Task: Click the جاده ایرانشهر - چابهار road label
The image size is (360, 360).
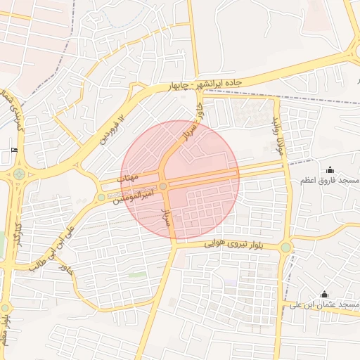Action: click(205, 84)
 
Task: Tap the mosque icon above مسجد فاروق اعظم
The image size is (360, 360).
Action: click(330, 169)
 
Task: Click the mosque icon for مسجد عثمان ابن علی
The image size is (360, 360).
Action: click(323, 294)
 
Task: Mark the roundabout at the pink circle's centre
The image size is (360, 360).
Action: click(163, 186)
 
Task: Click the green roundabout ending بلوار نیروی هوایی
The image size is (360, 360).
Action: click(285, 247)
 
